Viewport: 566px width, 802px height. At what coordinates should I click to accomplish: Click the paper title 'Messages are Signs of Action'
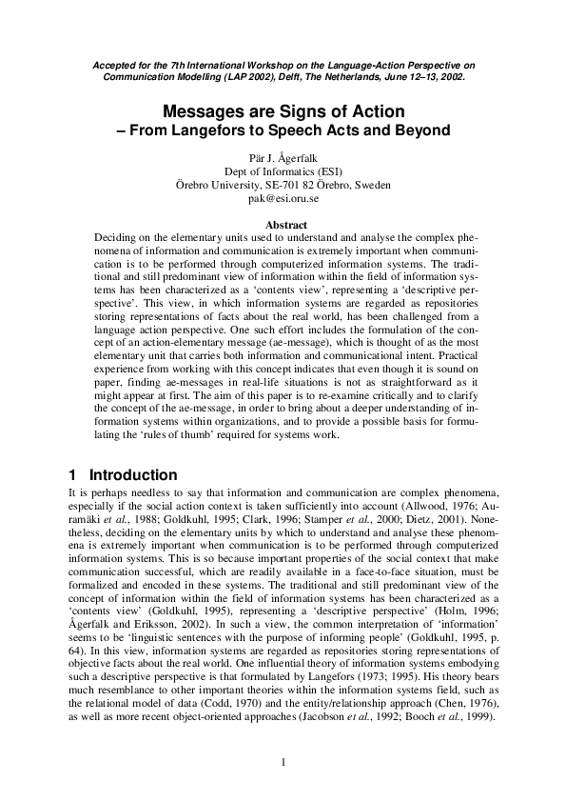click(283, 110)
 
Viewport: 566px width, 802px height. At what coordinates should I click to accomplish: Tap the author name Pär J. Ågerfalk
click(283, 157)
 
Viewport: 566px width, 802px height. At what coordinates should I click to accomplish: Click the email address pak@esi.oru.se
click(283, 198)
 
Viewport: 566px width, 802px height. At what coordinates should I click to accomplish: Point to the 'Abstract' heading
click(283, 225)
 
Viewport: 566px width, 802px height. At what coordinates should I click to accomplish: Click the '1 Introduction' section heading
click(123, 475)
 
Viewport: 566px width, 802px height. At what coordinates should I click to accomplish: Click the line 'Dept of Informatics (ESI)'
click(283, 170)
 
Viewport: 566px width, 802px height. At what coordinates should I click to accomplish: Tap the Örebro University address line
click(283, 185)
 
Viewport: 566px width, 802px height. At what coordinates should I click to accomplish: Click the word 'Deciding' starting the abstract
click(117, 237)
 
